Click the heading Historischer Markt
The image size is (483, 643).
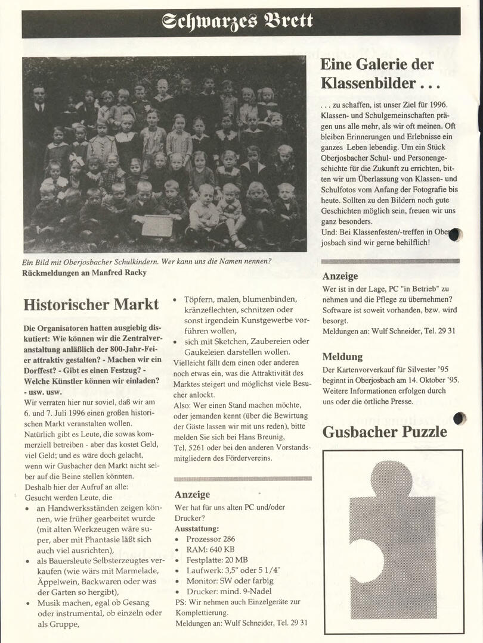(91, 305)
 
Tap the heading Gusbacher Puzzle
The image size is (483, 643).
(385, 432)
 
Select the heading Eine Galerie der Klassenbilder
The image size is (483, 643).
(377, 73)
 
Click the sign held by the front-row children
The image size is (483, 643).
(156, 226)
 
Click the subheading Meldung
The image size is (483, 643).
(342, 357)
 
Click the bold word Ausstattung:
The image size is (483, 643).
(197, 528)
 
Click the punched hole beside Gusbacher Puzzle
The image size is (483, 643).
(459, 419)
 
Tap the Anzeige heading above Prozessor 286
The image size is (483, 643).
(192, 494)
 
